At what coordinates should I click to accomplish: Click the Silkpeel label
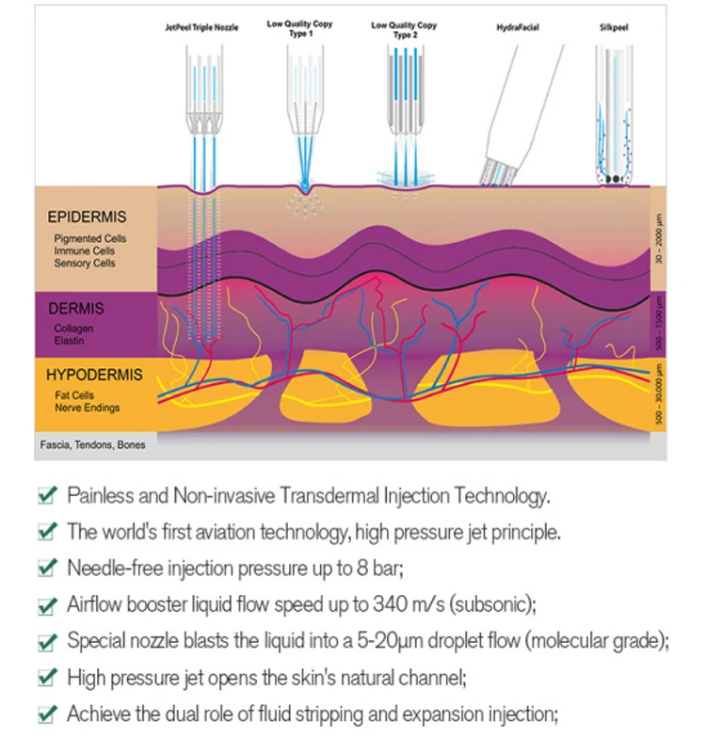click(614, 29)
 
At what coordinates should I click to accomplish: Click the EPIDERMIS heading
click(87, 217)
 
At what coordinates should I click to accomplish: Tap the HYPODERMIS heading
click(94, 376)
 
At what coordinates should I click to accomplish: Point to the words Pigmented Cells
click(89, 239)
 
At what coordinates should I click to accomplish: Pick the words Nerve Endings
click(86, 408)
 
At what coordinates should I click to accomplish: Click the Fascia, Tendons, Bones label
click(92, 444)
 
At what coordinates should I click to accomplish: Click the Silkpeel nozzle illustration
click(614, 113)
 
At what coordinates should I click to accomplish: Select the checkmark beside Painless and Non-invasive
click(45, 495)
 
